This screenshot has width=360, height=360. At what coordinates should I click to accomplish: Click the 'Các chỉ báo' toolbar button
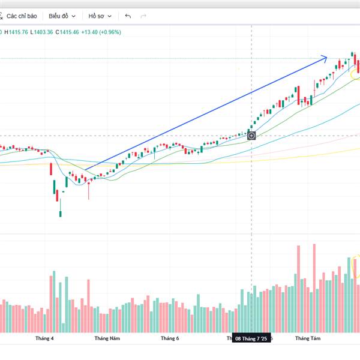pos(23,16)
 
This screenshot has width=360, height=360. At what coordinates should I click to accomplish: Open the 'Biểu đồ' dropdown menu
pos(61,16)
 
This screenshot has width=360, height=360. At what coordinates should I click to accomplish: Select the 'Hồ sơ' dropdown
pos(98,16)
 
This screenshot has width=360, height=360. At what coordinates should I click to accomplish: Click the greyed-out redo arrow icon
pos(143,16)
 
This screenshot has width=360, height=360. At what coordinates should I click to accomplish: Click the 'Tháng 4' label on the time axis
pos(44,338)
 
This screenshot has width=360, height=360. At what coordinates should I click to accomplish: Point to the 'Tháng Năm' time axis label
pos(107,338)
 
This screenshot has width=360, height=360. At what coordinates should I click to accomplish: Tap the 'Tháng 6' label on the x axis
pos(170,338)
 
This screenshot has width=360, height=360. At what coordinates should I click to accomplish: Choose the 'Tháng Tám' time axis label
pos(307,338)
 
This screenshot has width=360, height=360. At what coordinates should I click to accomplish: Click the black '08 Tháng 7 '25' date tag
pos(253,338)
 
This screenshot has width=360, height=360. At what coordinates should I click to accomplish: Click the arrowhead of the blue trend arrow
pos(325,58)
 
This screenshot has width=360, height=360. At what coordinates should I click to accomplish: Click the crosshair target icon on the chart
pos(251,136)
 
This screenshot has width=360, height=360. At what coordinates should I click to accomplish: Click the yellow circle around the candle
pos(356,75)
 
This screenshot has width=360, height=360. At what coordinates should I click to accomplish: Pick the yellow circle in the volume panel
pos(356,266)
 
